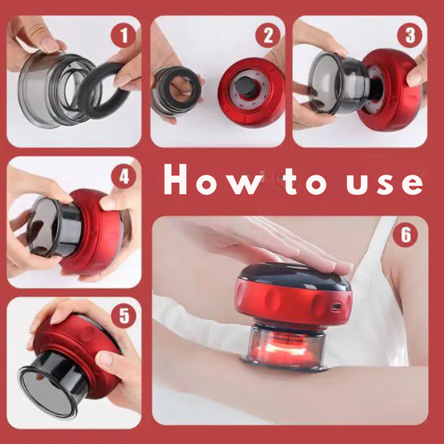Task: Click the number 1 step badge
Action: coord(123,35)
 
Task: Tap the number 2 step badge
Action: coord(268,35)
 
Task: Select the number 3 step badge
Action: coord(409,35)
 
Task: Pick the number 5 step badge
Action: coord(124,316)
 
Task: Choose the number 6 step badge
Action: coord(406,235)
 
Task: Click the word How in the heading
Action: coord(213,180)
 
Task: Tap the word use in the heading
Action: coord(385,184)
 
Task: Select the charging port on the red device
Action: coord(337,306)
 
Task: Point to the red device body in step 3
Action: coord(392,90)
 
